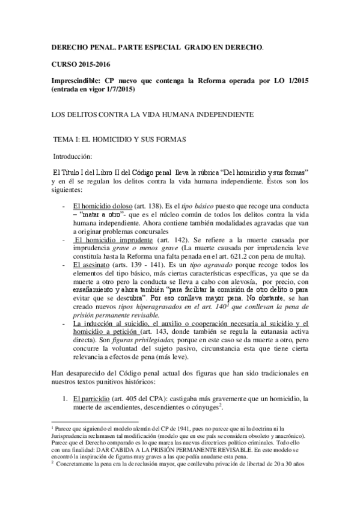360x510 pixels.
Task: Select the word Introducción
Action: coord(73,155)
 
